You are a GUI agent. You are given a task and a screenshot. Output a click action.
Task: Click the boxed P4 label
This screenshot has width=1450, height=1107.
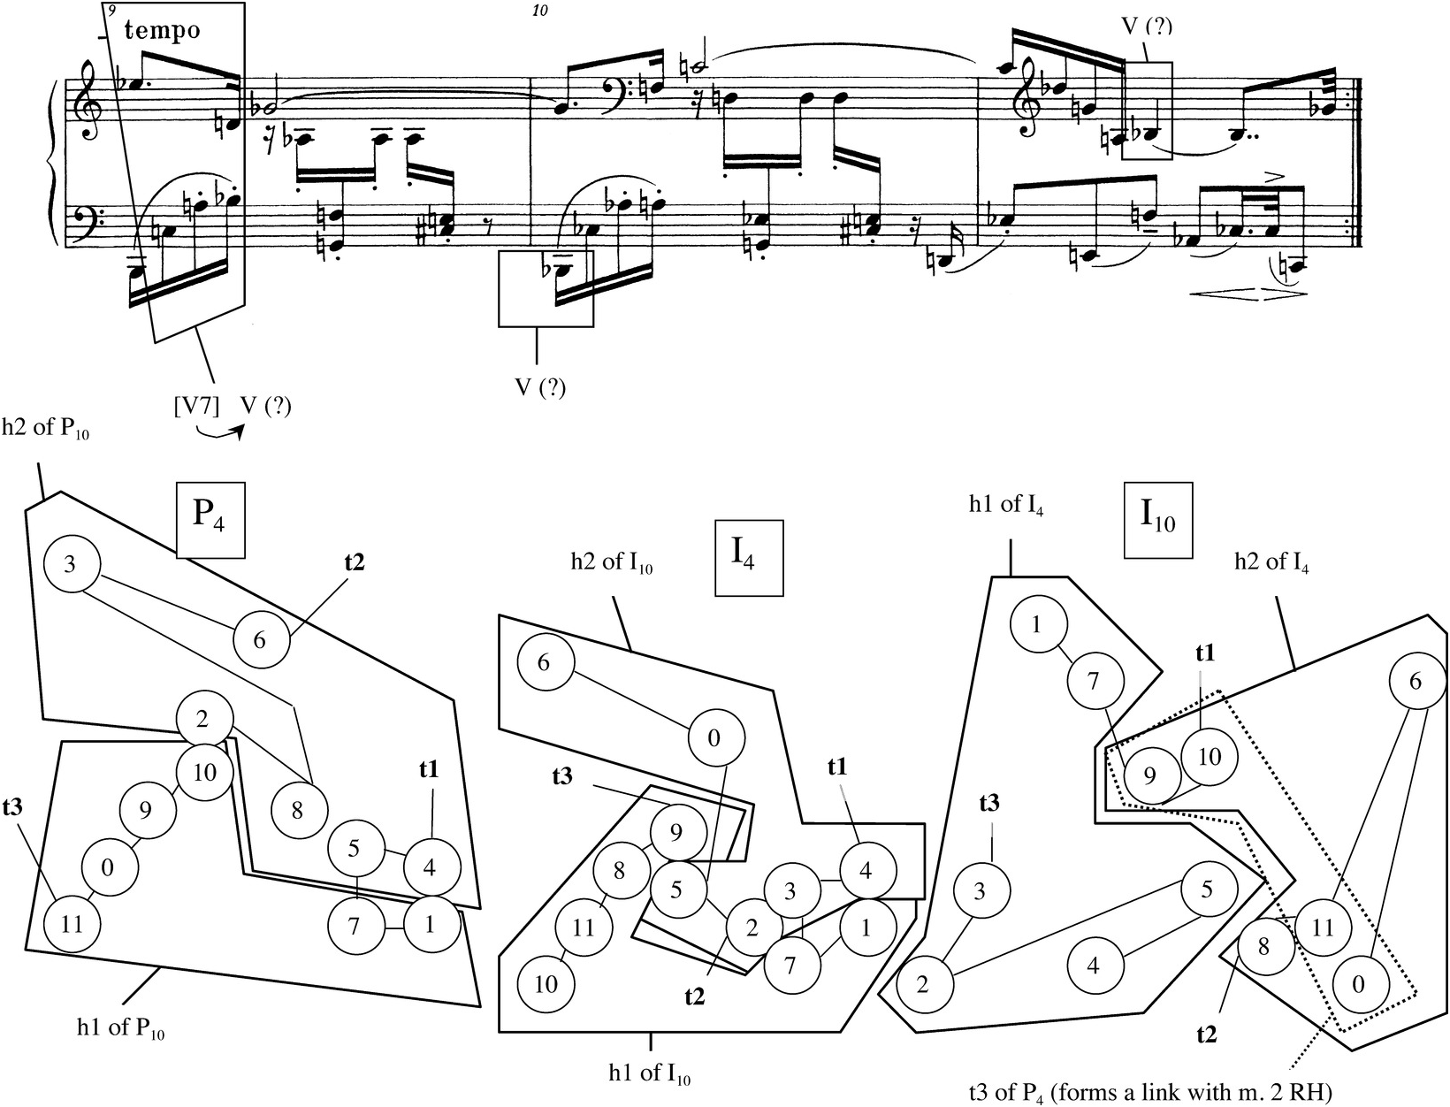[210, 520]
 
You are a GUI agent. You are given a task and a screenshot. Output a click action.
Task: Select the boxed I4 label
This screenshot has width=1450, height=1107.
[748, 557]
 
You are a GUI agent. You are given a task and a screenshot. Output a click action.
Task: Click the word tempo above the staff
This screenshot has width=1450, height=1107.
[163, 31]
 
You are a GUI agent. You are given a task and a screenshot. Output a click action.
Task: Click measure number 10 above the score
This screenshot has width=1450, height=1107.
[541, 11]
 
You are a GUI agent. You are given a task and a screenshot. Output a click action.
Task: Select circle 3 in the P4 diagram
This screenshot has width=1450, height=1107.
[70, 564]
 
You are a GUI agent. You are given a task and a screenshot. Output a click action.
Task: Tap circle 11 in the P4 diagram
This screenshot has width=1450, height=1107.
[72, 925]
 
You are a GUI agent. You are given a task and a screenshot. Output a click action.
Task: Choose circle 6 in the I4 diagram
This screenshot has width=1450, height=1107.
[545, 663]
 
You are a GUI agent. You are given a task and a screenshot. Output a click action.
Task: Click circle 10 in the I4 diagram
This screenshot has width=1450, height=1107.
[546, 983]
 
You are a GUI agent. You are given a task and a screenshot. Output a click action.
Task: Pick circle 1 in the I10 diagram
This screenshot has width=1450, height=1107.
[1037, 625]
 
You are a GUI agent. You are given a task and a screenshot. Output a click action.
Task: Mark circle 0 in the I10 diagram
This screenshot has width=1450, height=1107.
[1359, 984]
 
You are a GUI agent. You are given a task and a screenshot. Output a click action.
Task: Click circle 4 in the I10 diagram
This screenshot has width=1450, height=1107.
[1095, 965]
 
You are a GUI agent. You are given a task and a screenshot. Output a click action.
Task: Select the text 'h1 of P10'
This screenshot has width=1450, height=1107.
[122, 1030]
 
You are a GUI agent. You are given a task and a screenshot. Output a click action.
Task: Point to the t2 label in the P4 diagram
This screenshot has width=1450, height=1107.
[353, 562]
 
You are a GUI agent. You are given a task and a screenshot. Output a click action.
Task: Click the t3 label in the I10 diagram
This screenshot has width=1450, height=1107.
[989, 803]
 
